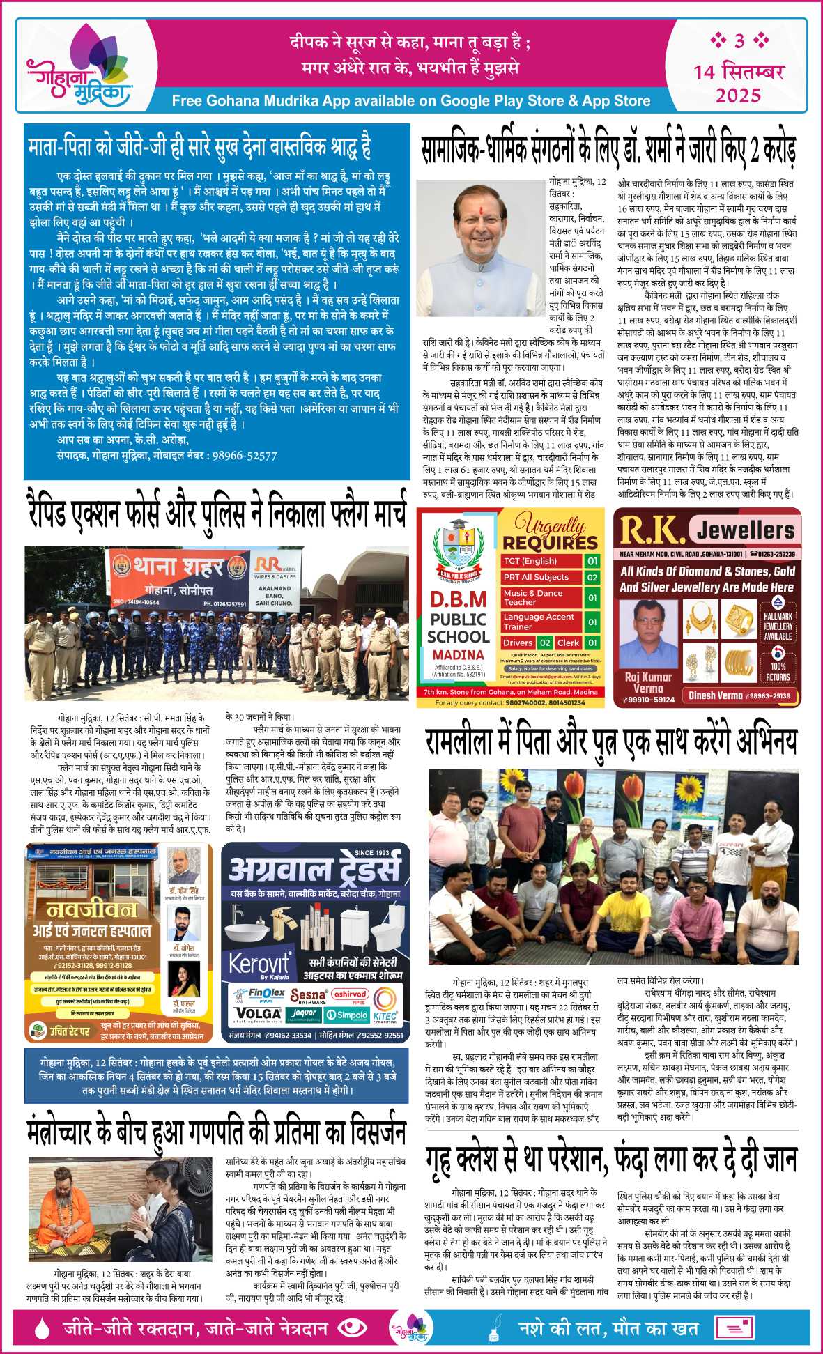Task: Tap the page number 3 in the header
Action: pos(739,41)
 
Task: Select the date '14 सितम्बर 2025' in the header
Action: pos(739,82)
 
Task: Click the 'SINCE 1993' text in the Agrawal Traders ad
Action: pos(371,853)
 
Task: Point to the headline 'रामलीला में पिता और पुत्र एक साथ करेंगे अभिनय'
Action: pos(610,742)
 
